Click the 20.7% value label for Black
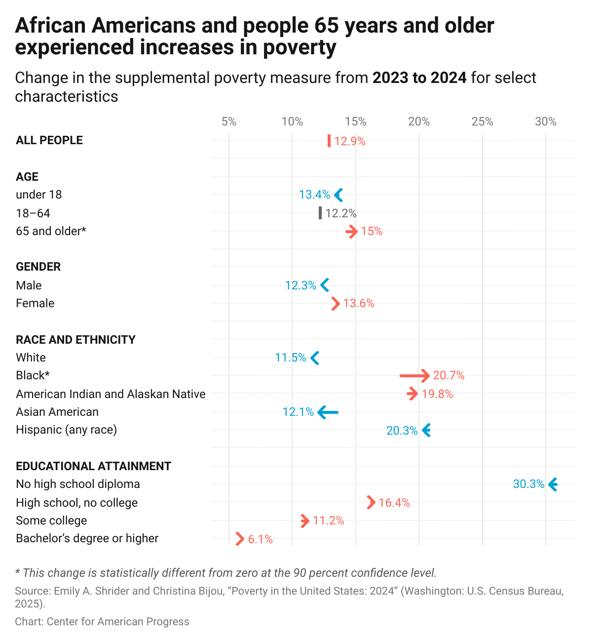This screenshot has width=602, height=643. coord(449,375)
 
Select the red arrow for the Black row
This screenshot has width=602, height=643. coord(415,376)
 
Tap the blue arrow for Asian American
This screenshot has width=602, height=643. coord(328,412)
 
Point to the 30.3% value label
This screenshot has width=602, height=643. coord(528,484)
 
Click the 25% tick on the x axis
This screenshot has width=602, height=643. coord(482,121)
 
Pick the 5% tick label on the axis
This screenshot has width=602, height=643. coord(228,121)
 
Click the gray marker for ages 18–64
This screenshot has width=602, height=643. coord(320,213)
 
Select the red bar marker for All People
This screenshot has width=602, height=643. coord(329,141)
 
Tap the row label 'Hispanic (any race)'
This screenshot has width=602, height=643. coord(66,430)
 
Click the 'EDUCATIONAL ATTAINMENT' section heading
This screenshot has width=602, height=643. coord(93,466)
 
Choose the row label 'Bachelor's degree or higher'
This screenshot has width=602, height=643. coord(87,538)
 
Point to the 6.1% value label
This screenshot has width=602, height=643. coord(260,539)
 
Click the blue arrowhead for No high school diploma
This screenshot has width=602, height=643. coord(553,484)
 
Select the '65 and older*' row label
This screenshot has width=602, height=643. coord(51,231)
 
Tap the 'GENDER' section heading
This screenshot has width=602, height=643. coord(38,267)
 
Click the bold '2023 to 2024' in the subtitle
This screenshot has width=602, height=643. coord(419,78)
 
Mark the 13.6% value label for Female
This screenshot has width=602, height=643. coord(359,303)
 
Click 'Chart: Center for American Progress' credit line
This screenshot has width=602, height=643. coord(102,621)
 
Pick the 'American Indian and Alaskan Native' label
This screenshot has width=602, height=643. coord(111,394)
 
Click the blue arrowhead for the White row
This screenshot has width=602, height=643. coord(315,358)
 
